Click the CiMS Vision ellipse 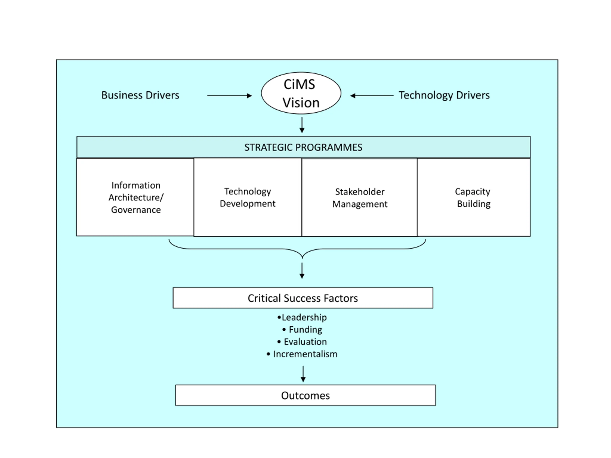(x=301, y=93)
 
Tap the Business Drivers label (x=140, y=95)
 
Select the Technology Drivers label (x=444, y=95)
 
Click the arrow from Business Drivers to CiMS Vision (x=230, y=96)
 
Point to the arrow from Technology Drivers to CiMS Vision (x=372, y=96)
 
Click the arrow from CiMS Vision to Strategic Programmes (x=302, y=125)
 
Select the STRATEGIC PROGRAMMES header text (x=303, y=147)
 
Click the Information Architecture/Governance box (x=135, y=197)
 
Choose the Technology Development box (x=248, y=197)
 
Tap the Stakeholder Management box (x=360, y=197)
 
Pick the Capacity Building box (x=474, y=197)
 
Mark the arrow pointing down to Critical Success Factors (x=302, y=271)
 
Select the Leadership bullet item (x=302, y=318)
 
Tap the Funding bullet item (x=302, y=330)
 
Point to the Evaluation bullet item (x=302, y=342)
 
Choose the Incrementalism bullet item (x=302, y=354)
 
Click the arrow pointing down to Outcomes (x=303, y=374)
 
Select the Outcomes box (x=305, y=395)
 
